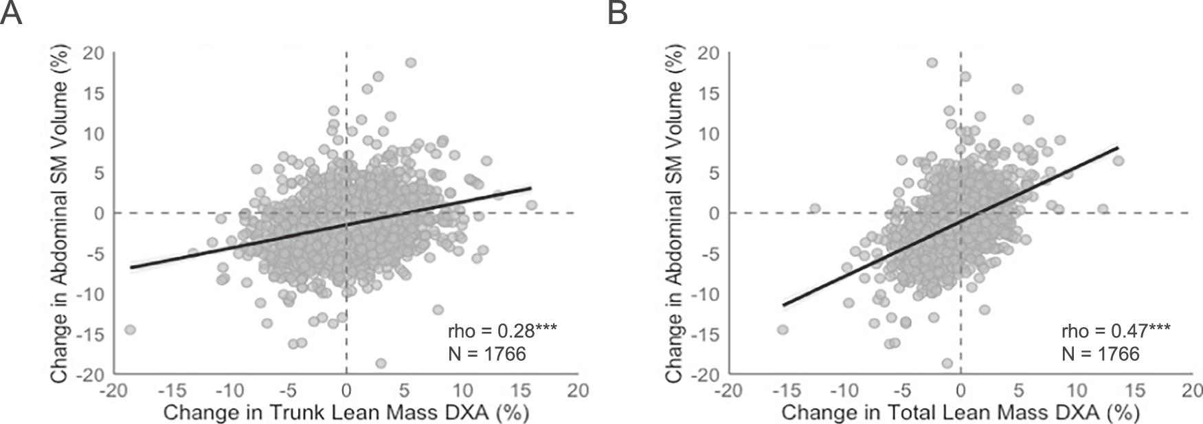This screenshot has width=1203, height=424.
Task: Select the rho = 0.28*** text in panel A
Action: [502, 331]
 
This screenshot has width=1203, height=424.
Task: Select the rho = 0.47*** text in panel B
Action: [1116, 331]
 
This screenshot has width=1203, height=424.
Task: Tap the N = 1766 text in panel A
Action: [486, 354]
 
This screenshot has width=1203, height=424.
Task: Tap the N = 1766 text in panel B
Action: [1100, 354]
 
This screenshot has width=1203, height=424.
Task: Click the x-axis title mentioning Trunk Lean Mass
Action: [346, 412]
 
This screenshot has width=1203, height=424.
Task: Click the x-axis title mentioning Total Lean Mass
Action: [960, 412]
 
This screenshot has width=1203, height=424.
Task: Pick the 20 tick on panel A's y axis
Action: [93, 53]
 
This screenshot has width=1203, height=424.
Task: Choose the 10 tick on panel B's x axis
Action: [1077, 390]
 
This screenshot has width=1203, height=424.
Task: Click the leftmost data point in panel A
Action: [129, 330]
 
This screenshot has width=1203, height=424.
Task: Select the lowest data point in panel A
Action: [381, 363]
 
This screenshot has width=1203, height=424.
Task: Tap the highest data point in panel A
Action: [411, 63]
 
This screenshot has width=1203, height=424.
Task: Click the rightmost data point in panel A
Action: [531, 205]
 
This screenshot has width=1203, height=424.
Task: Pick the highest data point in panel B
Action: [932, 63]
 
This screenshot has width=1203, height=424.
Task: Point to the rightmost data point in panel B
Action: [1118, 161]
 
